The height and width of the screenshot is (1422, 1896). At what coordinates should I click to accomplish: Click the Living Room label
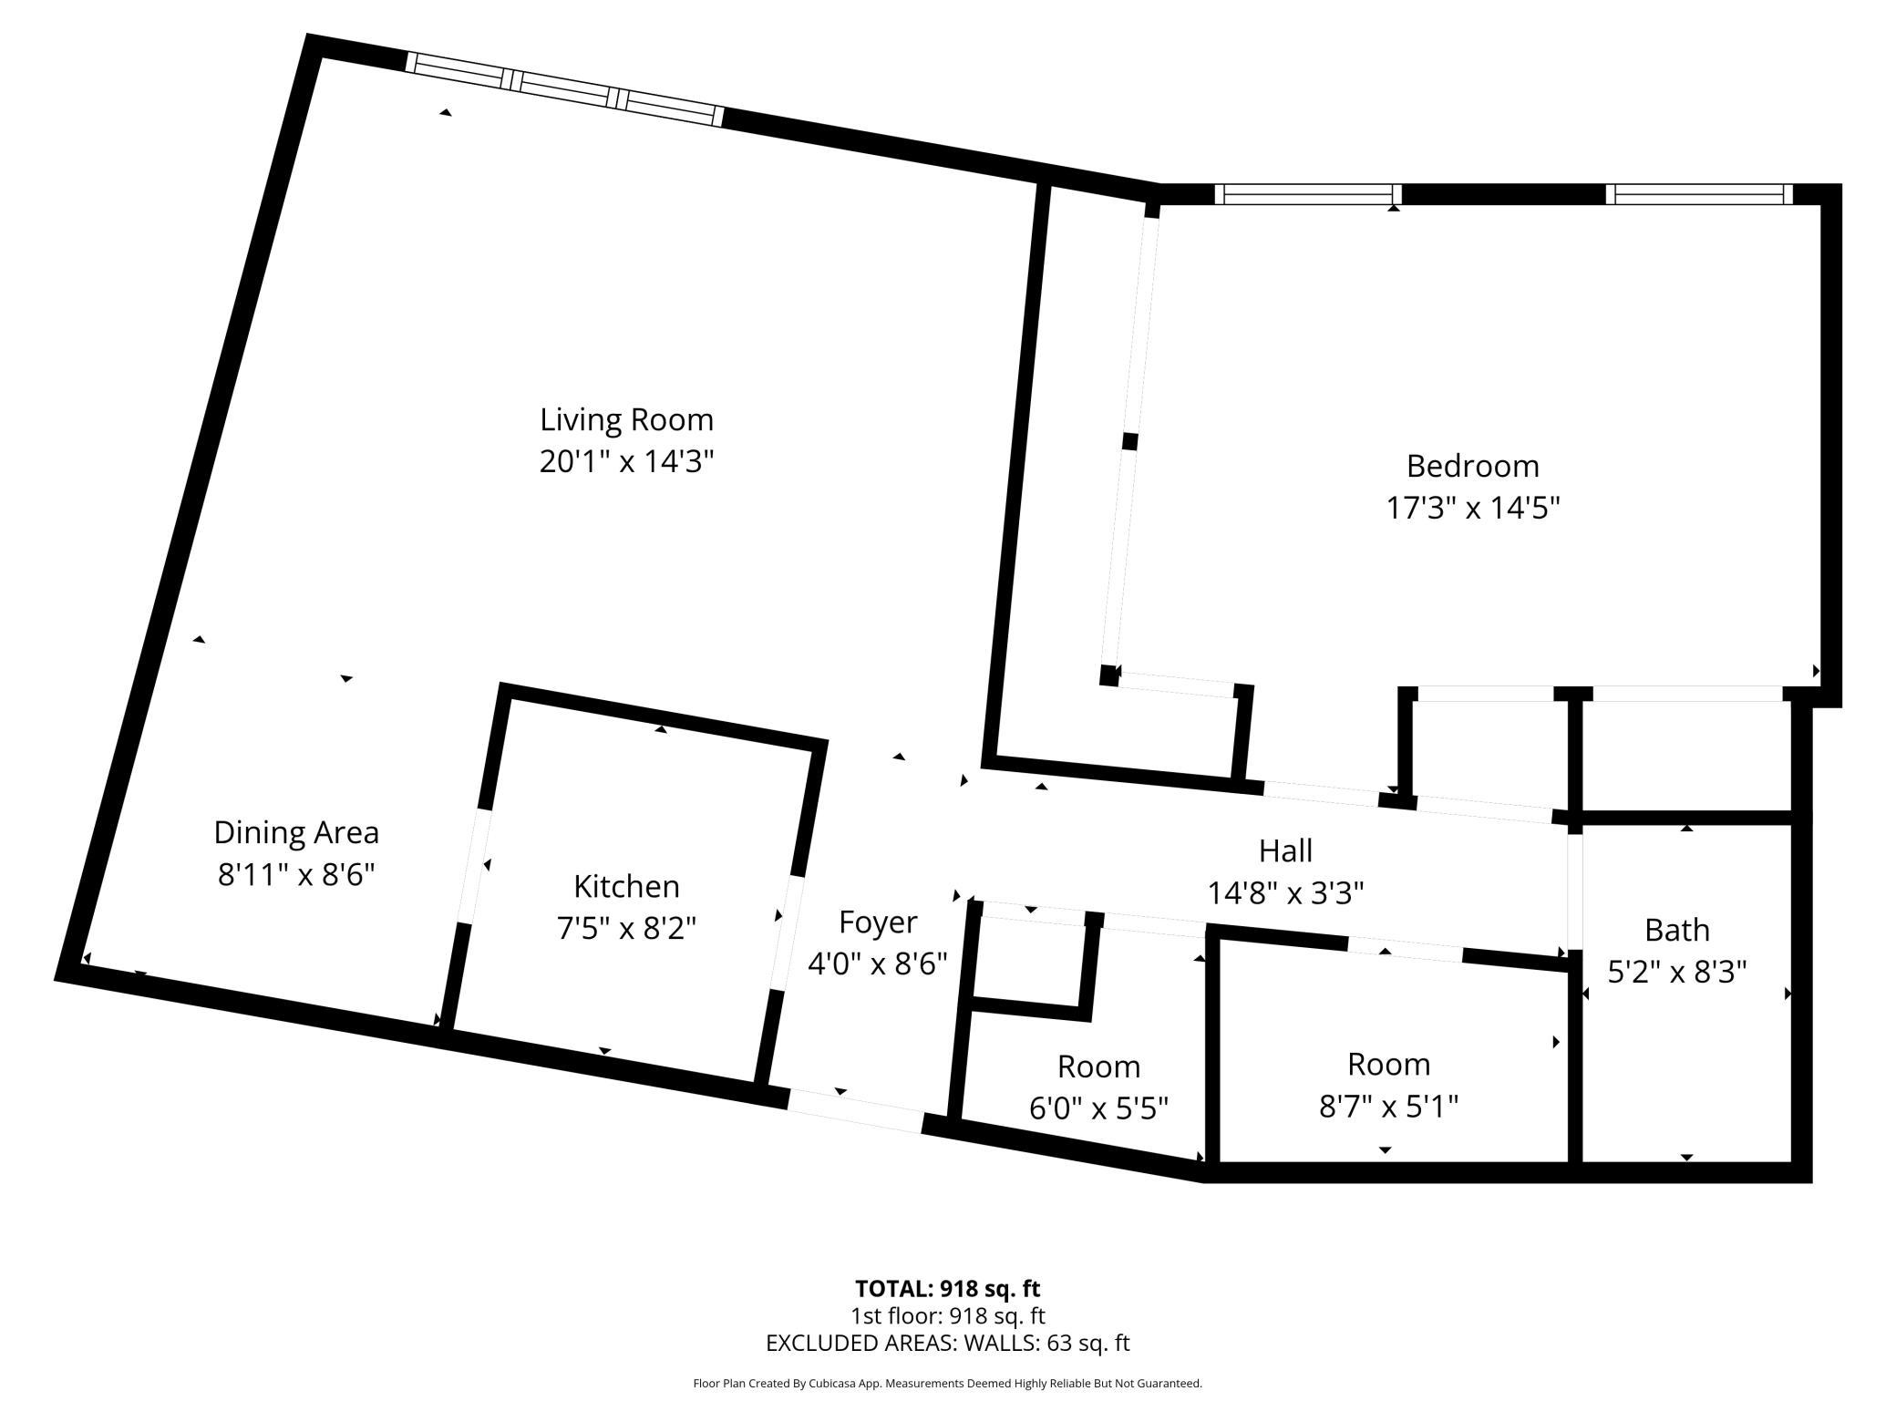click(x=626, y=420)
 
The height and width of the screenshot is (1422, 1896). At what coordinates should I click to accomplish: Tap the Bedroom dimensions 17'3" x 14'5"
click(x=1472, y=508)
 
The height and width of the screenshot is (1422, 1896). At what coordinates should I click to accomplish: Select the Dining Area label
click(x=296, y=832)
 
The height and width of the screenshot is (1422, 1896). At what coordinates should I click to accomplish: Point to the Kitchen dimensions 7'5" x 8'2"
click(x=626, y=929)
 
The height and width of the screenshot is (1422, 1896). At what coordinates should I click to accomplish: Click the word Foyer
click(x=877, y=922)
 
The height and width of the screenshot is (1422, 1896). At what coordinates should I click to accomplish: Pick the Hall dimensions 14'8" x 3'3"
click(x=1285, y=893)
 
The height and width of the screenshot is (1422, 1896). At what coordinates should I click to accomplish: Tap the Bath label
click(x=1676, y=931)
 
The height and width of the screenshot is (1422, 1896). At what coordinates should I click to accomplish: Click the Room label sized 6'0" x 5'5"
click(x=1098, y=1066)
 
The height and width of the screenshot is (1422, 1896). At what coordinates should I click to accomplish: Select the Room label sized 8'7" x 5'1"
click(x=1388, y=1065)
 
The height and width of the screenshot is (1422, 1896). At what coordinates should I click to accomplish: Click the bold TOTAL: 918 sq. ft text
click(x=947, y=1289)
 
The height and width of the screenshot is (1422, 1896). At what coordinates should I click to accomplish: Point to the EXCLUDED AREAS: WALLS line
click(x=947, y=1343)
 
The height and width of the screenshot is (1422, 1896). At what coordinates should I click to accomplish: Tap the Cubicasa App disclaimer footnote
click(x=947, y=1384)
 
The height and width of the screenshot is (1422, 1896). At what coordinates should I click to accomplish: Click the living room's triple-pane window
click(x=564, y=88)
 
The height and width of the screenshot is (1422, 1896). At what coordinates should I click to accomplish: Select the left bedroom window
click(x=1307, y=194)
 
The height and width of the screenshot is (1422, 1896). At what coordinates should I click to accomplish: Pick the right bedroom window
click(x=1698, y=194)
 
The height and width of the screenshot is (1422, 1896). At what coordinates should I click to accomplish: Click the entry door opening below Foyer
click(x=855, y=1110)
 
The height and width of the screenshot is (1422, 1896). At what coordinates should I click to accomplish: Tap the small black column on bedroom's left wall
click(x=1129, y=441)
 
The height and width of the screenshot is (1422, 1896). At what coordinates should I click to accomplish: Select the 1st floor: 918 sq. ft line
click(x=947, y=1316)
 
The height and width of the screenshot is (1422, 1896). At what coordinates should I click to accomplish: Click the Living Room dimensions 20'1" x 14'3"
click(x=626, y=462)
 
